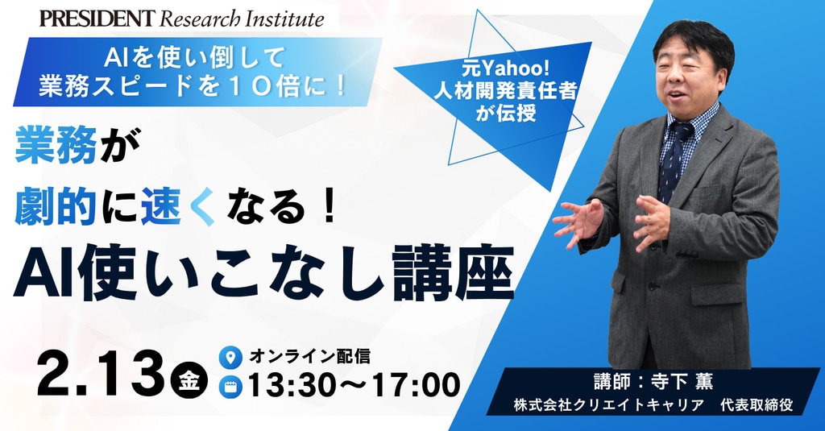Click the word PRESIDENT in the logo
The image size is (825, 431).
pyautogui.click(x=97, y=19)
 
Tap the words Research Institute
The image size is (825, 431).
pyautogui.click(x=242, y=19)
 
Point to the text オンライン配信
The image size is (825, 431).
pyautogui.click(x=309, y=356)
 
